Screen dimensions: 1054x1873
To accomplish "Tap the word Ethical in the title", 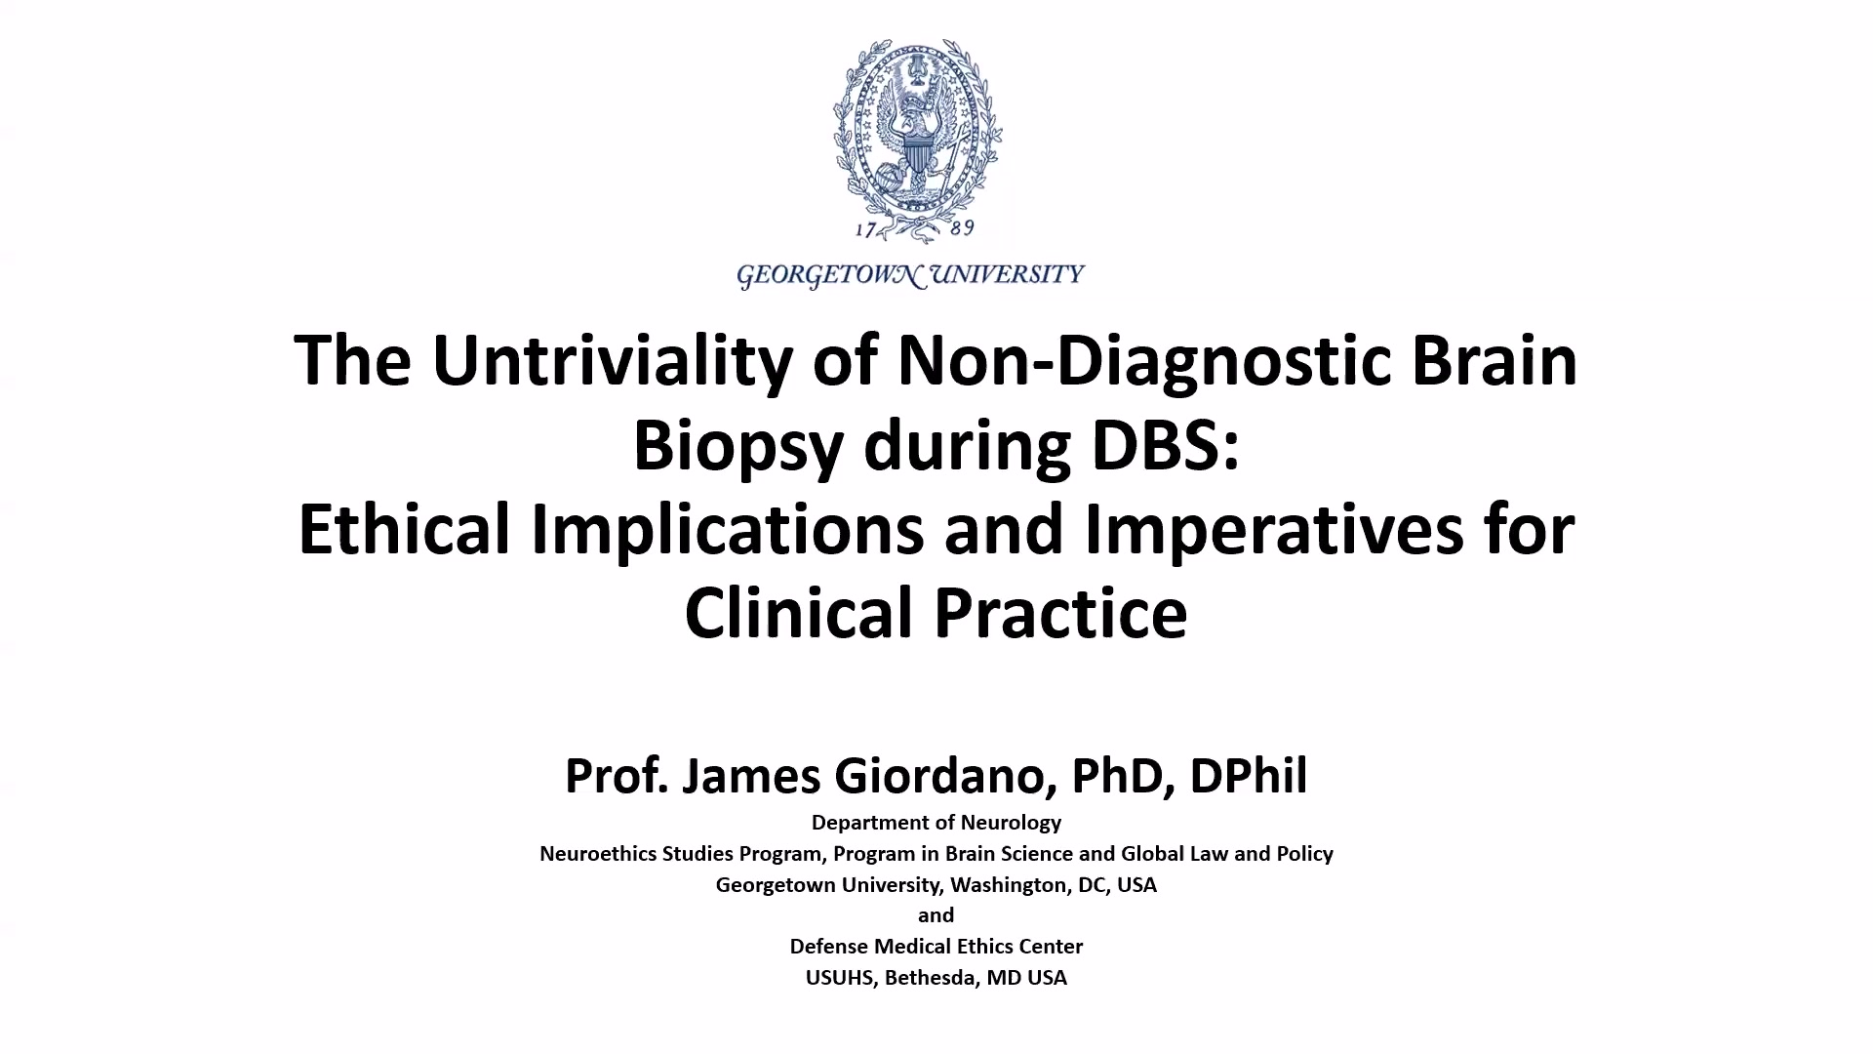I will tap(405, 529).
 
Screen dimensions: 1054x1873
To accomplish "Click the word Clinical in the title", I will tap(799, 613).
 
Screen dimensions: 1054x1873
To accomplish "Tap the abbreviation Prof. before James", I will tap(616, 776).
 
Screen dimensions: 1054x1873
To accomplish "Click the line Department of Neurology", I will tap(936, 823).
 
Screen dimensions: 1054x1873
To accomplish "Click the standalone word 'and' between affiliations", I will tap(936, 915).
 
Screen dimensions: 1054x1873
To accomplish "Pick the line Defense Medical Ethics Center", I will tap(936, 947).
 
